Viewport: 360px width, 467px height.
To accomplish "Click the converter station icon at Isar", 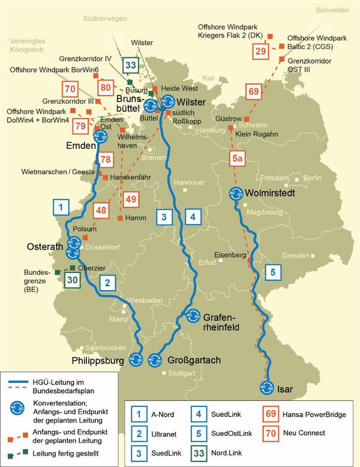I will [267, 388].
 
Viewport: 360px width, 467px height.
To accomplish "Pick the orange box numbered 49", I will [130, 199].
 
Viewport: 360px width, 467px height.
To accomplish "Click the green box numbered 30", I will [72, 280].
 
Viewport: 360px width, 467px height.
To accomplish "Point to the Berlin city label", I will [313, 178].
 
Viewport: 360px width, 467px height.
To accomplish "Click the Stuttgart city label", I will [182, 373].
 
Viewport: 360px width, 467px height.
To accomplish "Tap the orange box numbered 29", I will [260, 51].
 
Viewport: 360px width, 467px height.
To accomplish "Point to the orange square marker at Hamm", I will [121, 217].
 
